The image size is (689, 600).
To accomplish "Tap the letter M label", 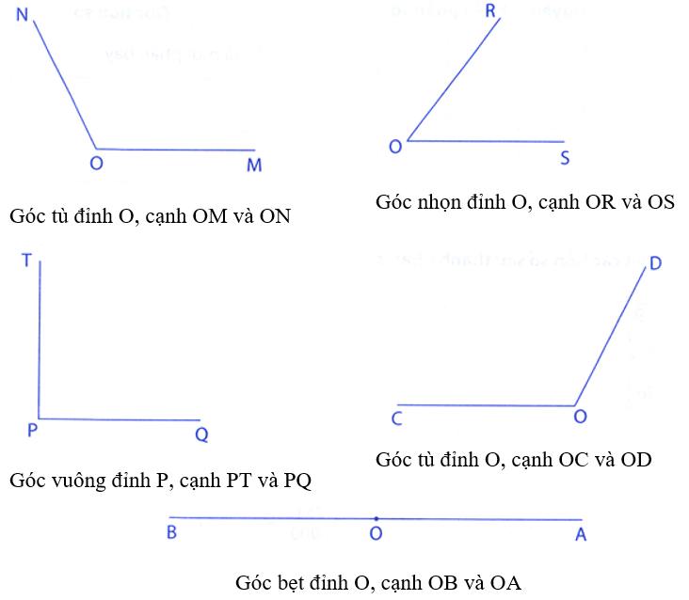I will coord(254,166).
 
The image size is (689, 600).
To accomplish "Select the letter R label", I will coord(490,11).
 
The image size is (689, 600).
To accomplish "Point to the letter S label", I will coord(565,158).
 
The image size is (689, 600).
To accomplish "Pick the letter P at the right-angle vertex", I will coord(32,432).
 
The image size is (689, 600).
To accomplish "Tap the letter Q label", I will coord(201,434).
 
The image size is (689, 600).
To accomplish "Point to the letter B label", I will coord(173,533).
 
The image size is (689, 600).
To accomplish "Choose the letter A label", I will coord(581,533).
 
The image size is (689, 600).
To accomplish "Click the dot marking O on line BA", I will coord(376,518).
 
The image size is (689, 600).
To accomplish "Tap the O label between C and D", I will coord(580,418).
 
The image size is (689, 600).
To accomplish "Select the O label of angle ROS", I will coord(395,146).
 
